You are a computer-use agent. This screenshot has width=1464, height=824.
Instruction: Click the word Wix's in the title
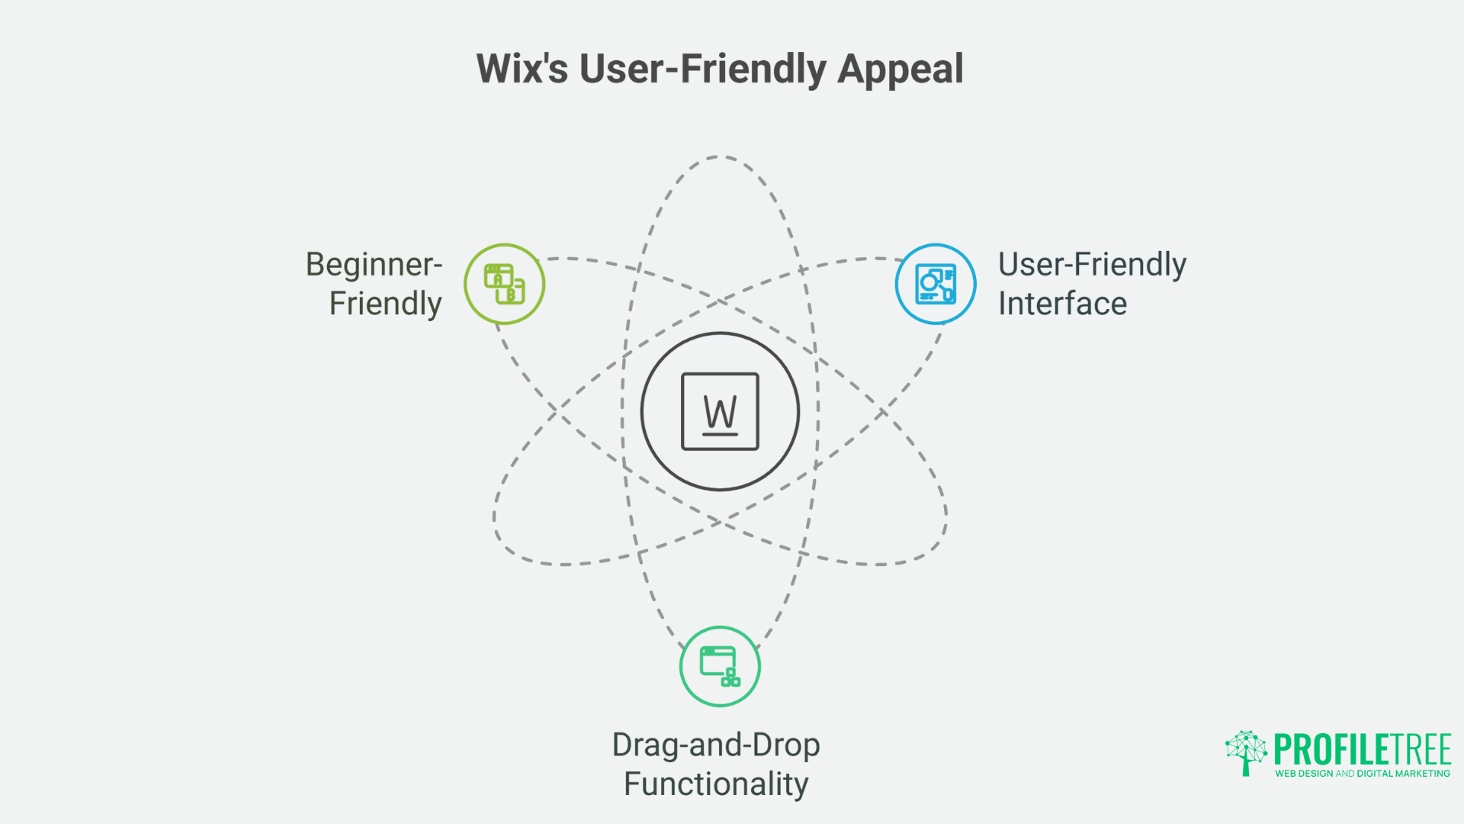(522, 69)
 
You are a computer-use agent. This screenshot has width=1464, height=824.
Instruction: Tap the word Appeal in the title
(901, 70)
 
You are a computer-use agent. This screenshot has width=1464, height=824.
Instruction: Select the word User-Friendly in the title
(702, 69)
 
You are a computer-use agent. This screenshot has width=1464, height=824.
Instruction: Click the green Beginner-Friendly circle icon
(504, 284)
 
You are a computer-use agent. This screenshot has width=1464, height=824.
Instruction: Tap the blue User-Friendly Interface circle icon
(936, 284)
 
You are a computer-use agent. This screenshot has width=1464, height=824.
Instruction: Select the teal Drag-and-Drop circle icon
(720, 666)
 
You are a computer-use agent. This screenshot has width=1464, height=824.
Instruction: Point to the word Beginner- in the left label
(374, 265)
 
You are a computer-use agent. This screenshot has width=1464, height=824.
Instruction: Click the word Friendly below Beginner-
(385, 304)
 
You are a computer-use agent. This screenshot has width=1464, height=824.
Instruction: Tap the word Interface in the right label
(1062, 304)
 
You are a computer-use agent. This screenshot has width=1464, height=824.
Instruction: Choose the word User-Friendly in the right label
(1092, 265)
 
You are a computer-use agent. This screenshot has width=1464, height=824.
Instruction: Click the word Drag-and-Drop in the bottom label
(716, 745)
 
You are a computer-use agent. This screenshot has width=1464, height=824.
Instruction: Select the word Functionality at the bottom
(716, 784)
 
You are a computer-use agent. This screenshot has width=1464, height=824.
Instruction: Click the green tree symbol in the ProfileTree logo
(1246, 752)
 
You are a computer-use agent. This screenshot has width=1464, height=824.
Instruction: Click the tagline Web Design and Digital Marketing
(1363, 774)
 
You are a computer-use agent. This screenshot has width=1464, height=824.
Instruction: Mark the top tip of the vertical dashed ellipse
(719, 157)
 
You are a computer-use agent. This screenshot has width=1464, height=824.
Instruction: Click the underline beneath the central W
(720, 434)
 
